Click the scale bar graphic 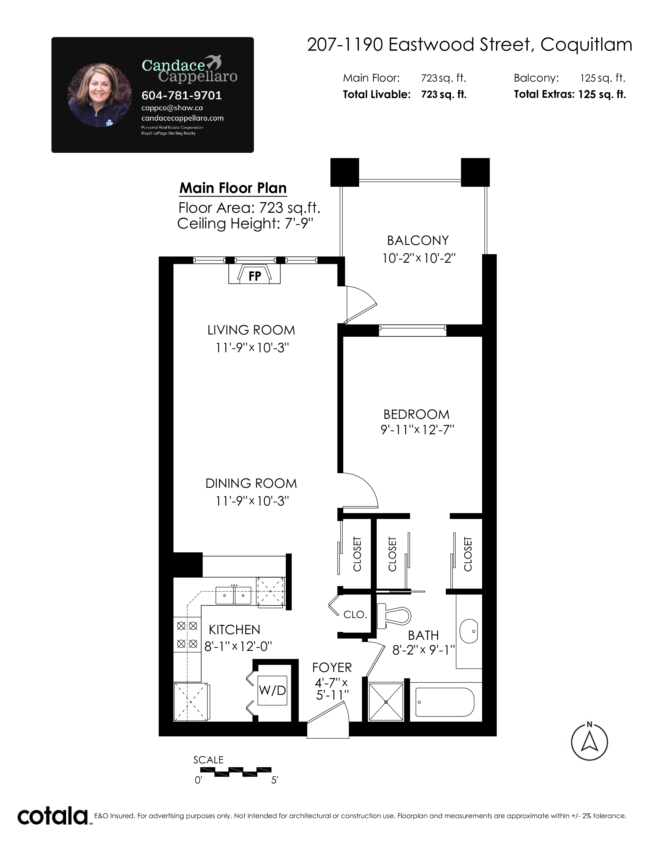tap(235, 772)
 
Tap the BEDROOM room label tap(416, 414)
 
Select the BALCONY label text tap(418, 241)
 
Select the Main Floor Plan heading tap(233, 188)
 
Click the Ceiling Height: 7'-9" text tap(245, 224)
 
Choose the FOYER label tap(332, 667)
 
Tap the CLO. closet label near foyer tap(355, 615)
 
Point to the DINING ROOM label tap(251, 484)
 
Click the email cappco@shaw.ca tap(172, 108)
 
